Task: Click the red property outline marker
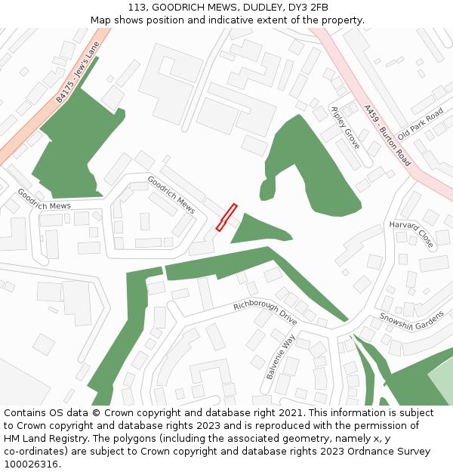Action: coord(226,217)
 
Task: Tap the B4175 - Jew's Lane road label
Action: coord(78,73)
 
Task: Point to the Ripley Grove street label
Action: coord(346,128)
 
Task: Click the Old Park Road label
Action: coord(421,123)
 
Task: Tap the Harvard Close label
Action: coord(411,235)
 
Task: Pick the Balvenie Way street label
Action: coord(279,357)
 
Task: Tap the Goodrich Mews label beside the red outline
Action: coord(171,194)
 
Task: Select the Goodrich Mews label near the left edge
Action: coord(44,199)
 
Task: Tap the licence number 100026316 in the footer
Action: coord(30,464)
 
